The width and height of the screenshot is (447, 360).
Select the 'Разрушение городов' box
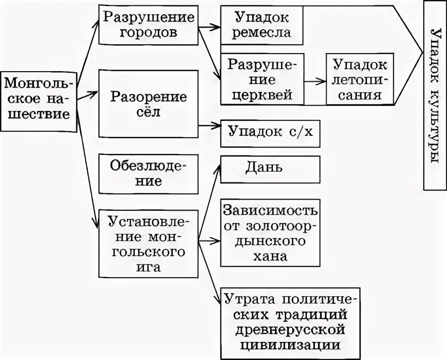pos(149,25)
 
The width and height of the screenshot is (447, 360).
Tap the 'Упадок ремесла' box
pos(262,25)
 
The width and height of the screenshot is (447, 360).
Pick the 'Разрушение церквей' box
pos(262,80)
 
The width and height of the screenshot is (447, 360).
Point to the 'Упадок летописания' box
pos(359,80)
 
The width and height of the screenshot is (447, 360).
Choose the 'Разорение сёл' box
pos(149,105)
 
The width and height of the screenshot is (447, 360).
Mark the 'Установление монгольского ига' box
pos(149,243)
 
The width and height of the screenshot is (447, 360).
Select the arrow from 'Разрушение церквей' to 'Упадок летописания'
pos(315,81)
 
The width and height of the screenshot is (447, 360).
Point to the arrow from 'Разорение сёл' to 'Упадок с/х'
pos(210,126)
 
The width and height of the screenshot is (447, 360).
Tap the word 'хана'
pos(270,257)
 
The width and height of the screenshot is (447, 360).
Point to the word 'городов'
pos(149,32)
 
